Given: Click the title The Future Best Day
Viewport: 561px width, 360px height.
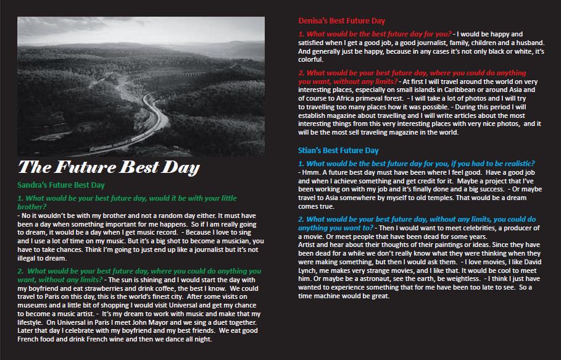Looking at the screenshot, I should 109,167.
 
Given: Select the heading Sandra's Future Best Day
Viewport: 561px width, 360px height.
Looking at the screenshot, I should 60,185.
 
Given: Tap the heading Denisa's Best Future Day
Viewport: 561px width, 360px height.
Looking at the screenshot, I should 341,21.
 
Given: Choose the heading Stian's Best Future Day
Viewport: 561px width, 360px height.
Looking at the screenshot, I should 338,150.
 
